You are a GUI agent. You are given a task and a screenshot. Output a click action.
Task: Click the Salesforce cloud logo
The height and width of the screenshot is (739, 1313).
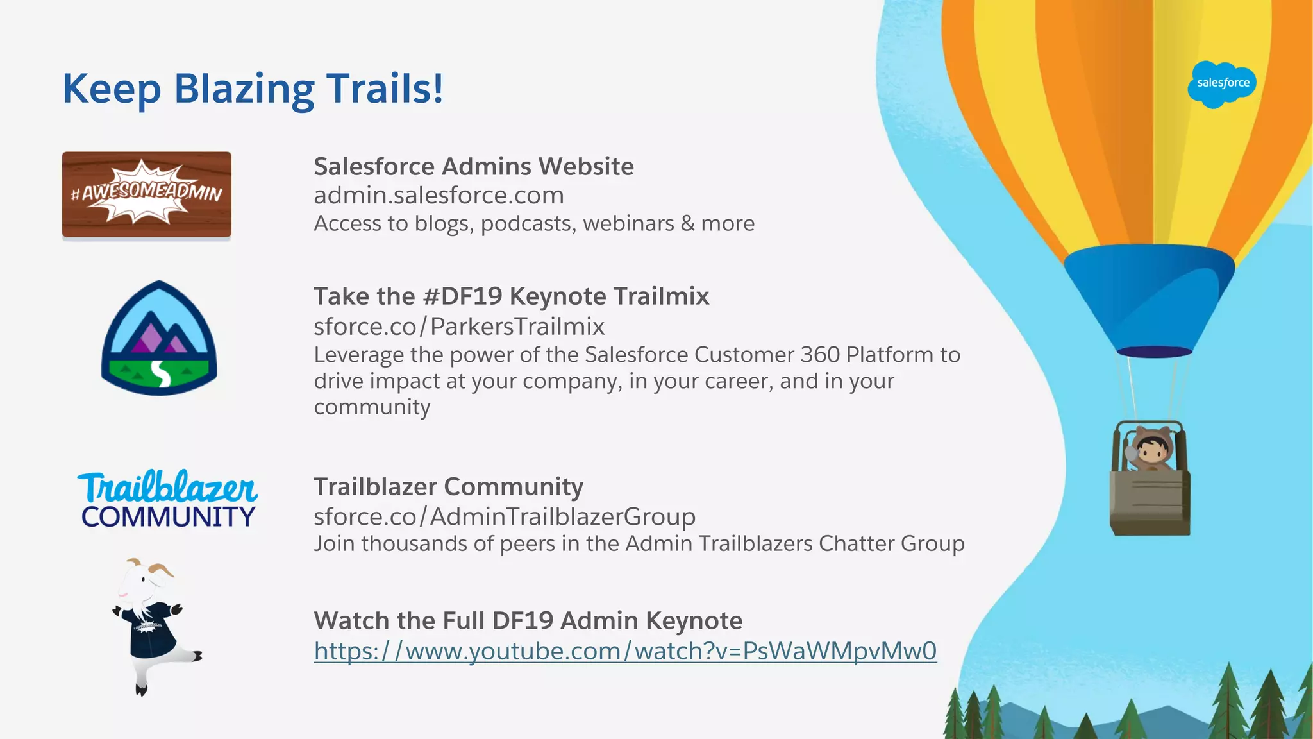pos(1222,84)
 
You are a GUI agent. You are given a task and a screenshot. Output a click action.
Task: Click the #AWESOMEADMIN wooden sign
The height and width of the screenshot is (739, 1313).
pos(147,194)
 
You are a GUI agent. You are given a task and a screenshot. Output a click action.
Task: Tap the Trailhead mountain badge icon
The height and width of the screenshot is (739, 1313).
pos(159,338)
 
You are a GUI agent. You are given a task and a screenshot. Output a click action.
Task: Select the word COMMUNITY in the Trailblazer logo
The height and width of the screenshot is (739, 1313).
pos(168,517)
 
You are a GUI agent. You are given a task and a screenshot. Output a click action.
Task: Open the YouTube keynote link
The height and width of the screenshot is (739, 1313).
pos(625,651)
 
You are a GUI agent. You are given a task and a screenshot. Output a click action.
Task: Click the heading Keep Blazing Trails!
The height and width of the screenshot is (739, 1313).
pos(253,89)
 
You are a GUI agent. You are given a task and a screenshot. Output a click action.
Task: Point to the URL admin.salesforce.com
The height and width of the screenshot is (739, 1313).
pos(439,195)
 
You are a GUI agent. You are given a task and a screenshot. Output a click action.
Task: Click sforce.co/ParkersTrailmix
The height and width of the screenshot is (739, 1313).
pos(459,327)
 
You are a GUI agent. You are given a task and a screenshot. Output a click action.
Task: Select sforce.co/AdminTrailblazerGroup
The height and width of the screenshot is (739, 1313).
pos(505,516)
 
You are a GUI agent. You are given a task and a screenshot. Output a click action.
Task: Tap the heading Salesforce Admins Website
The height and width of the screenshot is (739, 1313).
pos(474,167)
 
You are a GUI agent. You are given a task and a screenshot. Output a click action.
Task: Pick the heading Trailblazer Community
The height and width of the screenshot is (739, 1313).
pos(448,487)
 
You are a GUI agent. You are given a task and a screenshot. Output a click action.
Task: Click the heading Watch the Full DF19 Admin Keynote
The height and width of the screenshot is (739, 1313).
pos(528,621)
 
